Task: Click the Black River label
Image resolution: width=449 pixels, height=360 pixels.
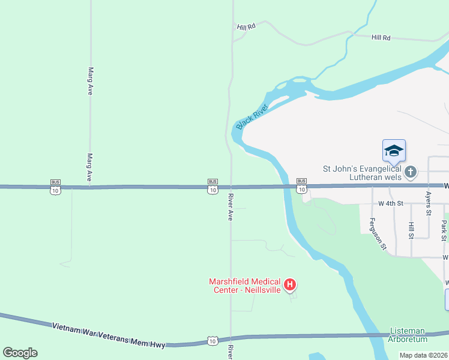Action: pyautogui.click(x=252, y=116)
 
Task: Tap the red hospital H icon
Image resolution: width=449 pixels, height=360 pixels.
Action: pyautogui.click(x=290, y=284)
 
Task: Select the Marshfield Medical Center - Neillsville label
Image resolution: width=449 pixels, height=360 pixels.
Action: pyautogui.click(x=245, y=286)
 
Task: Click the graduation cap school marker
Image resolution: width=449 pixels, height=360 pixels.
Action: pyautogui.click(x=394, y=150)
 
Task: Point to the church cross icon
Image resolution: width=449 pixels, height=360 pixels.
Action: pyautogui.click(x=411, y=173)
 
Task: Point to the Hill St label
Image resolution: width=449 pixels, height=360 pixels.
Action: pyautogui.click(x=411, y=230)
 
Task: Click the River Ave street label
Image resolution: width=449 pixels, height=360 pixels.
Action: pyautogui.click(x=230, y=206)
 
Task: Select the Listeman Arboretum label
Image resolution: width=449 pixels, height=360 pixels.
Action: pyautogui.click(x=408, y=335)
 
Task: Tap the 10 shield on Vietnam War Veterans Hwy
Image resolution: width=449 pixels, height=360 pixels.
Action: pyautogui.click(x=212, y=341)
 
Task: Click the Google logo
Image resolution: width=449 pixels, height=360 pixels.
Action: pyautogui.click(x=20, y=353)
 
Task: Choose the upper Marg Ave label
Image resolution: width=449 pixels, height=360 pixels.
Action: pyautogui.click(x=90, y=81)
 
